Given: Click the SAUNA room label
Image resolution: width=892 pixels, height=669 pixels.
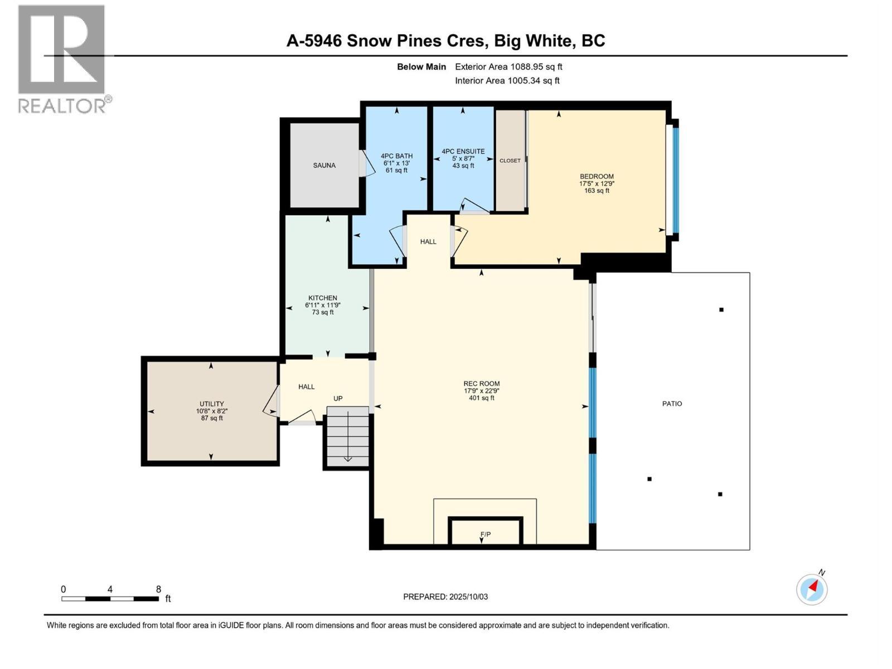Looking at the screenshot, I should click(324, 166).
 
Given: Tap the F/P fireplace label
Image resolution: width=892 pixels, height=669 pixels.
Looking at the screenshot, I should click(486, 535).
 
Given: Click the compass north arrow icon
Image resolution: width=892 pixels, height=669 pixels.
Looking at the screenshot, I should click(812, 589).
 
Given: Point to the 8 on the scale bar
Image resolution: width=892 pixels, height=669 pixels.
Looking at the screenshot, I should click(158, 589).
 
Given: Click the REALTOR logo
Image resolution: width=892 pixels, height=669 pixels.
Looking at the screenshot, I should click(62, 59).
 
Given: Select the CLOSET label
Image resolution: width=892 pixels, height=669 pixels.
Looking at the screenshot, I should click(510, 161).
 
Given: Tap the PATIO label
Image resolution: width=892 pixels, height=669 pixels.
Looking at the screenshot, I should click(672, 404).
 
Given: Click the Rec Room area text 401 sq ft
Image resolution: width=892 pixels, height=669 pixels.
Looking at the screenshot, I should click(482, 398).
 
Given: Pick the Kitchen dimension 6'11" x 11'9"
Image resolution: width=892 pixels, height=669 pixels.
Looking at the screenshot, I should click(322, 305).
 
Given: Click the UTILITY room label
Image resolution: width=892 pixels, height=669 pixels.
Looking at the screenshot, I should click(212, 404).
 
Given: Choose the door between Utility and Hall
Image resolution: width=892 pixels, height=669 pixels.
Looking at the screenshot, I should click(272, 401).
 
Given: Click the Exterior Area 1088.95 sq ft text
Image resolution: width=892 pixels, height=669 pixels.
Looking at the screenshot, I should click(508, 67).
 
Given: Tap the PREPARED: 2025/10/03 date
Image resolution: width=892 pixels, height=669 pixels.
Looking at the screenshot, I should click(445, 597).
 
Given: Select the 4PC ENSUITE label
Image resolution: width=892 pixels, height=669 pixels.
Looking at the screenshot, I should click(463, 151).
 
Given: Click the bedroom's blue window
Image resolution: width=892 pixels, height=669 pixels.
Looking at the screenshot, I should click(676, 180).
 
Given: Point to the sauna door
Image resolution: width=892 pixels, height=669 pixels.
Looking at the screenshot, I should click(365, 165).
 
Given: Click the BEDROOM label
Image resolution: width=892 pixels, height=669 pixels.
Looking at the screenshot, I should click(597, 176).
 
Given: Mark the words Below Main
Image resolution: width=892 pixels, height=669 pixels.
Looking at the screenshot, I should click(421, 67).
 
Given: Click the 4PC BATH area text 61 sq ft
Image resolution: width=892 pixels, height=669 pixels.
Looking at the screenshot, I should click(396, 171).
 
